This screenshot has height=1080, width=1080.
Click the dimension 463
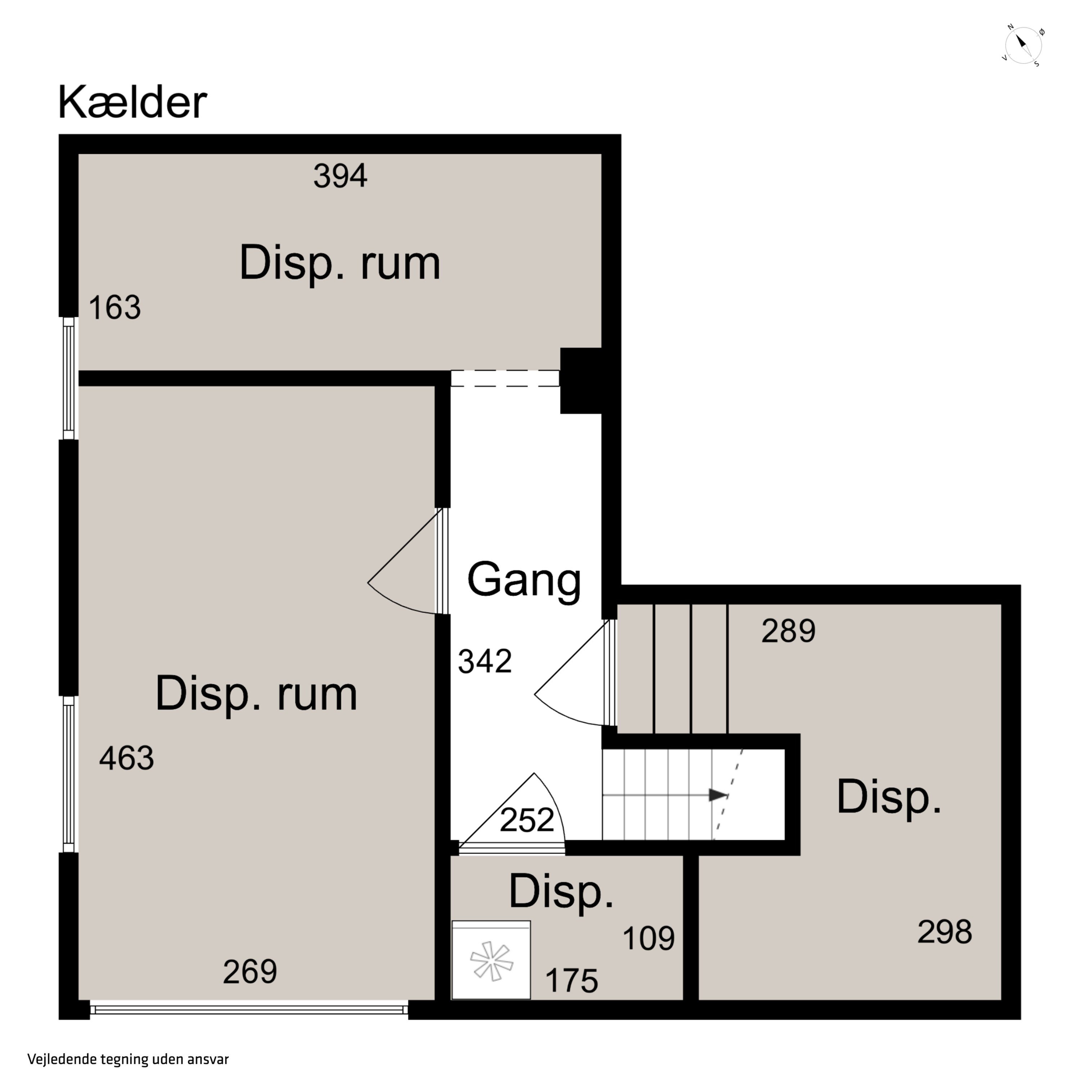pyautogui.click(x=126, y=759)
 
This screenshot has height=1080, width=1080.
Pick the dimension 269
pyautogui.click(x=250, y=972)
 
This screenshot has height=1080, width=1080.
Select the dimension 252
pyautogui.click(x=527, y=820)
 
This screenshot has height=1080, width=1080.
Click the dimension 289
pyautogui.click(x=788, y=631)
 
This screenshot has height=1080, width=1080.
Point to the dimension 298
pyautogui.click(x=945, y=932)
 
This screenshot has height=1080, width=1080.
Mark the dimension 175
pyautogui.click(x=571, y=981)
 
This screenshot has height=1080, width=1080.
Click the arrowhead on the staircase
pyautogui.click(x=718, y=795)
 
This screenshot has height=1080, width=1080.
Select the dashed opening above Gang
pyautogui.click(x=505, y=378)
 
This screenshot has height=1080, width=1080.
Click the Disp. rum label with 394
pyautogui.click(x=340, y=263)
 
